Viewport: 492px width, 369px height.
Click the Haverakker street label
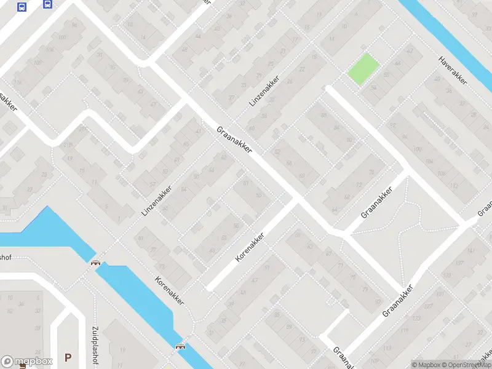454,69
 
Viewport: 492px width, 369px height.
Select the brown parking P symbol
68,357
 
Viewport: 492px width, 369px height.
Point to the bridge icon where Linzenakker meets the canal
95,263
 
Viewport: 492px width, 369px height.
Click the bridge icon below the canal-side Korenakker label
181,346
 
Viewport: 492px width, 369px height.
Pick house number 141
472,250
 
